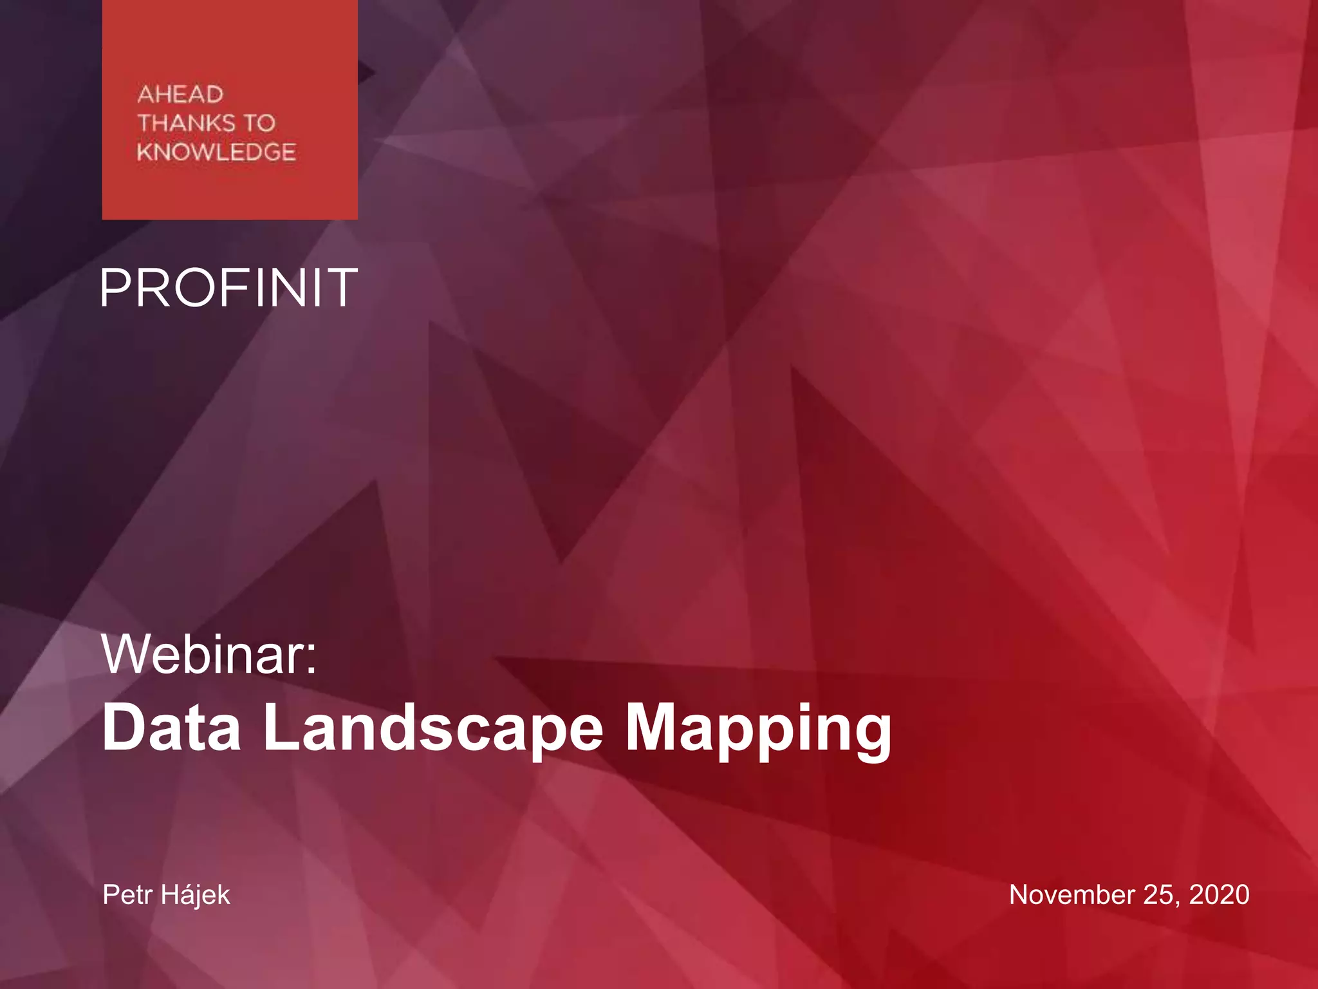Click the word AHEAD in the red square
tap(180, 95)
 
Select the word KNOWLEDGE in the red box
tap(216, 152)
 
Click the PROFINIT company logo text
tap(229, 288)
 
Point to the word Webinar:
tap(209, 655)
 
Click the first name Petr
tap(127, 895)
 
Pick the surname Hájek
tap(195, 895)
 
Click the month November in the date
tap(1072, 895)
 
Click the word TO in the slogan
tap(259, 123)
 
